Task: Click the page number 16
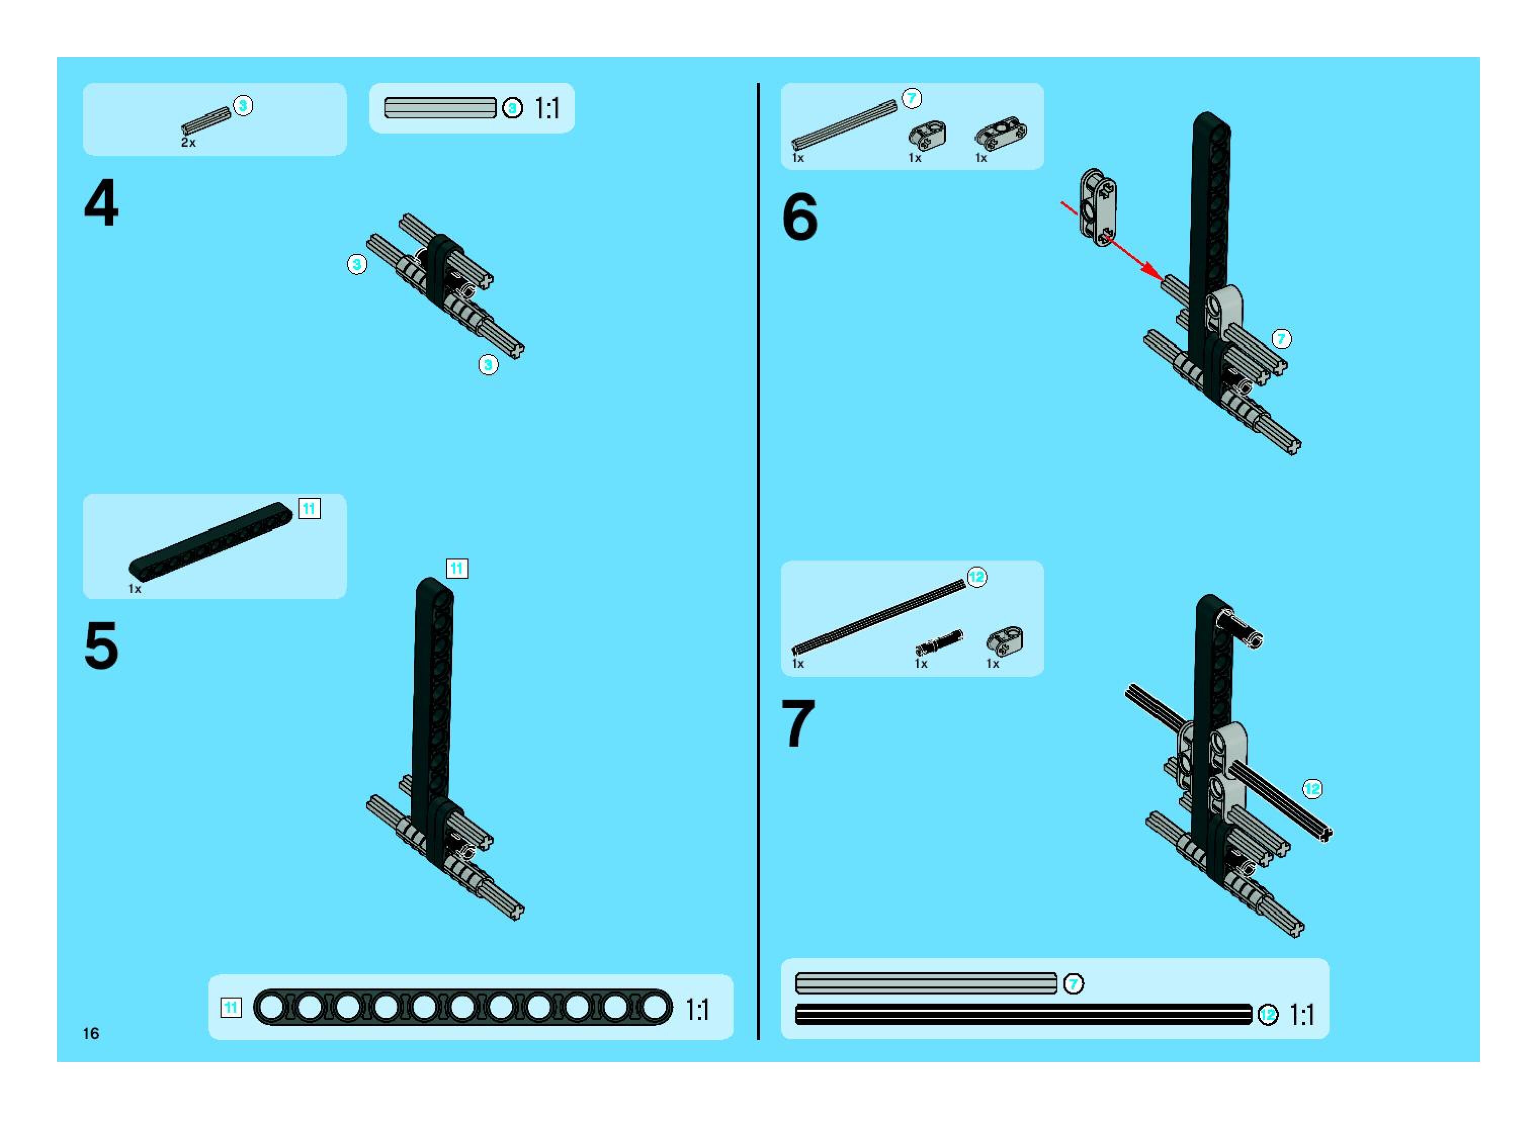point(91,1033)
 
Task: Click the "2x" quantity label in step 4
point(188,143)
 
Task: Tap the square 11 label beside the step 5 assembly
point(456,569)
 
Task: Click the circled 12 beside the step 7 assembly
point(1312,789)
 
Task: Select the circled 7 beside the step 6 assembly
point(1281,338)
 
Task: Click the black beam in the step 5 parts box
point(210,539)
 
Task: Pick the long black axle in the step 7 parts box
point(879,617)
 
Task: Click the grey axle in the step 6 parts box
point(844,125)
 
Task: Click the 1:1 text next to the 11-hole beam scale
point(698,1009)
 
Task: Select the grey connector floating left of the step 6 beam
point(1098,207)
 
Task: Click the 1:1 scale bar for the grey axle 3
point(440,108)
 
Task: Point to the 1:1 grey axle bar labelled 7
point(926,983)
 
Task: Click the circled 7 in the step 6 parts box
point(912,99)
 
